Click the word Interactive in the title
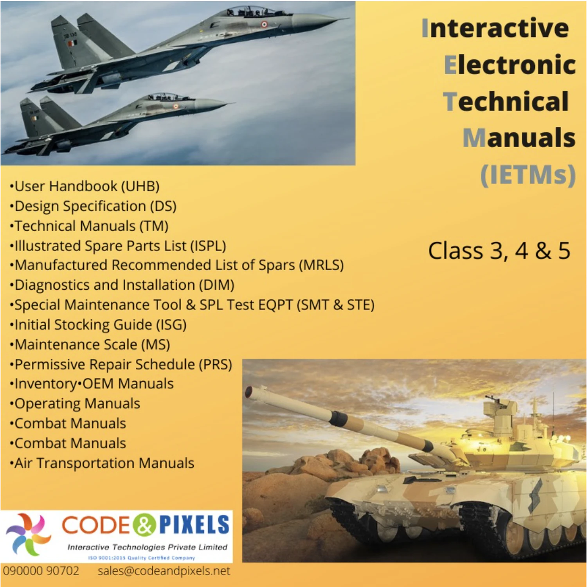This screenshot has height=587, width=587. [495, 28]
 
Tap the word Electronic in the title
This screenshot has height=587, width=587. [510, 65]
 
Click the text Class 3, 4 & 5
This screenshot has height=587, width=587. [499, 251]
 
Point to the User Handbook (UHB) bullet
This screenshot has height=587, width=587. [85, 186]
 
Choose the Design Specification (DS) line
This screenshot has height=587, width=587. [94, 206]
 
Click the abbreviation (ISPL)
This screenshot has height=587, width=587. [208, 246]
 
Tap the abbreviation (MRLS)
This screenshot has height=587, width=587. [321, 265]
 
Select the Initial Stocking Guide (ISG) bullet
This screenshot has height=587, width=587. [99, 325]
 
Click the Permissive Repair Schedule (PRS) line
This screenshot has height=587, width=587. [121, 365]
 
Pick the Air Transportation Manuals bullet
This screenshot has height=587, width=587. [103, 463]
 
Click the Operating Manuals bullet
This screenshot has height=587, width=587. [76, 404]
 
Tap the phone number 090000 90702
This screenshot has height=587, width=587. [41, 571]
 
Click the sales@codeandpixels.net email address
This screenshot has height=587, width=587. [164, 571]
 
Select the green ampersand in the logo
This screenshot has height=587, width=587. [144, 525]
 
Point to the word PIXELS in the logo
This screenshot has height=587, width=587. [194, 525]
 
